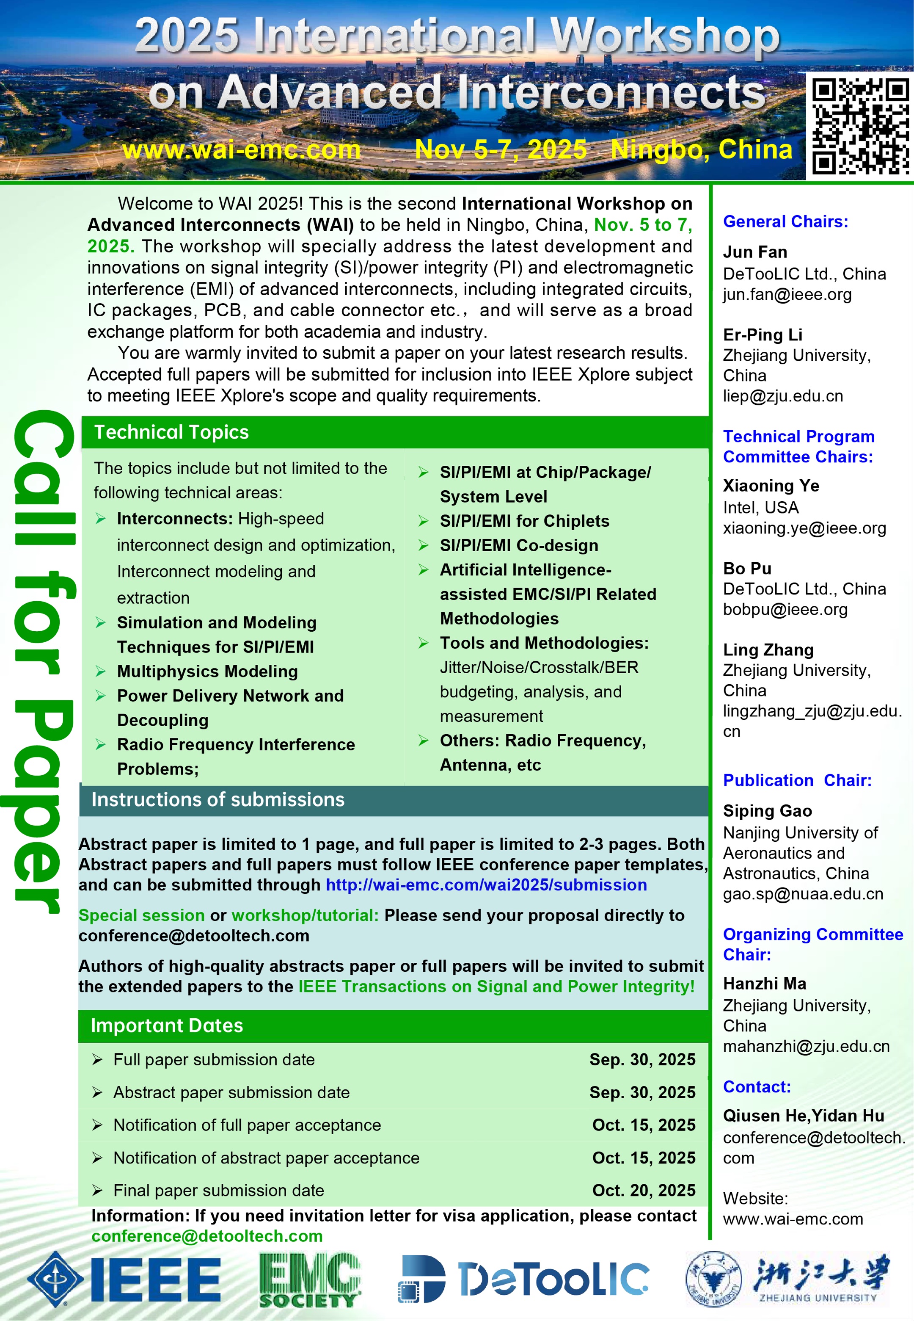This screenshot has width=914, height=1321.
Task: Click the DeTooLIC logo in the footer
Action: (x=524, y=1279)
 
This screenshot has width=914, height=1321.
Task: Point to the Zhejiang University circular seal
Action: (x=713, y=1279)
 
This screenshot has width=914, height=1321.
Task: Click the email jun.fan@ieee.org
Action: (x=787, y=294)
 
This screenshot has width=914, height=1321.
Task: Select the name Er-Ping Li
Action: (x=762, y=334)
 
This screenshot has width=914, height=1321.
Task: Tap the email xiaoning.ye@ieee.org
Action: (x=804, y=528)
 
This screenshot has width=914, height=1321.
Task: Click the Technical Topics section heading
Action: (x=171, y=432)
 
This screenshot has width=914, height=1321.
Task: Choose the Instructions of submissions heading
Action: (x=217, y=800)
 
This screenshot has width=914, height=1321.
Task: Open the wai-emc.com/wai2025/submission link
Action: (x=486, y=884)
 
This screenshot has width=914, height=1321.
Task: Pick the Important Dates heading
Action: (x=167, y=1025)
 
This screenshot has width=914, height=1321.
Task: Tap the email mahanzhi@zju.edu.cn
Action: (x=806, y=1046)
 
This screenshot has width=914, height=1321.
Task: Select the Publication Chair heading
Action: (x=797, y=780)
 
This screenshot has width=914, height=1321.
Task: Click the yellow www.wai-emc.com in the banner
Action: (x=241, y=150)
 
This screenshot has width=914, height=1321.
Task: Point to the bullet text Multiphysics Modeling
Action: (x=207, y=672)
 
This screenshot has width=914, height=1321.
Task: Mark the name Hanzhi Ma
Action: (x=765, y=984)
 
